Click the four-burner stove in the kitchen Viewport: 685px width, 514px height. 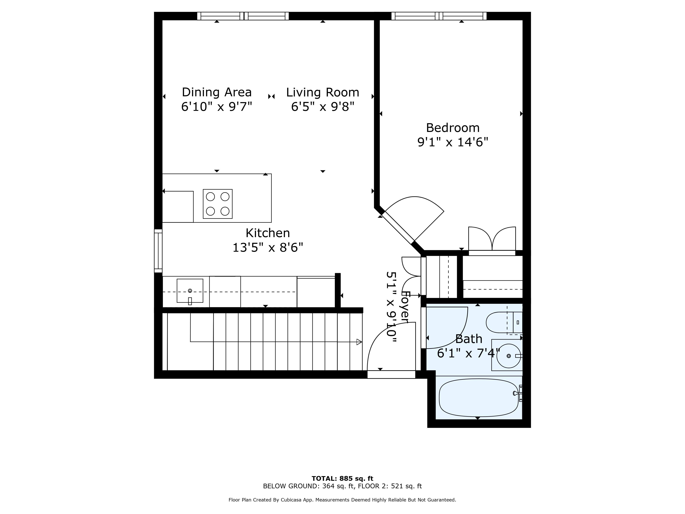click(218, 204)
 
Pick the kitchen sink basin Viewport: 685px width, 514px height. click(190, 291)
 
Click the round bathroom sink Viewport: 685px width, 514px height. click(508, 356)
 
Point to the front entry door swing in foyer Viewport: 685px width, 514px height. click(391, 347)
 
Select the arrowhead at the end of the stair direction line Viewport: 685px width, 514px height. click(359, 342)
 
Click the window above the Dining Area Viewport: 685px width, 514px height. click(243, 16)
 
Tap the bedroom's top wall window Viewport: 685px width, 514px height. click(439, 16)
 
